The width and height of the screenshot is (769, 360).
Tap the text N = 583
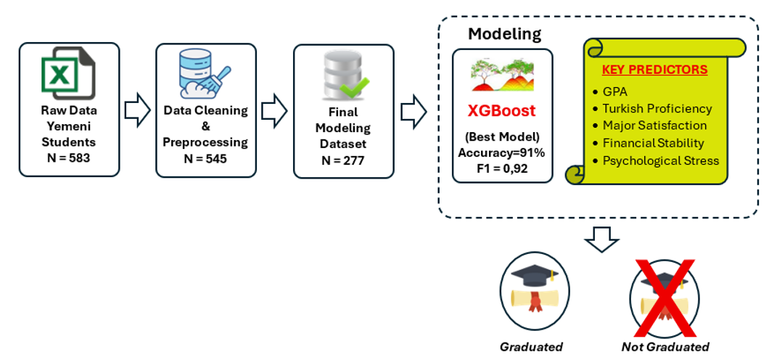point(69,157)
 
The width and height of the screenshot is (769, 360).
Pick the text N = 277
point(343,160)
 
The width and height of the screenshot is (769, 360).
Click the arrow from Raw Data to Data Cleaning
point(137,110)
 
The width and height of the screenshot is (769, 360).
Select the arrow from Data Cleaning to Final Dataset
point(274,110)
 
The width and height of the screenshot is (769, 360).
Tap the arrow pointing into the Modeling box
point(414,110)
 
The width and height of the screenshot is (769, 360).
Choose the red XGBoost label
point(502,111)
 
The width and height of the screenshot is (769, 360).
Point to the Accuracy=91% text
point(502,152)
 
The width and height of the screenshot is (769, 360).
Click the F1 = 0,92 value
point(502,169)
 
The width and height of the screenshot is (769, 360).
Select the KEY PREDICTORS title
point(654,70)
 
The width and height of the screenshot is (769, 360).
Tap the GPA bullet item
point(615,92)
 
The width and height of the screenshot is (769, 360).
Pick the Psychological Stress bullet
point(660,160)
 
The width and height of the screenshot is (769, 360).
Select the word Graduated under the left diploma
point(531,347)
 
